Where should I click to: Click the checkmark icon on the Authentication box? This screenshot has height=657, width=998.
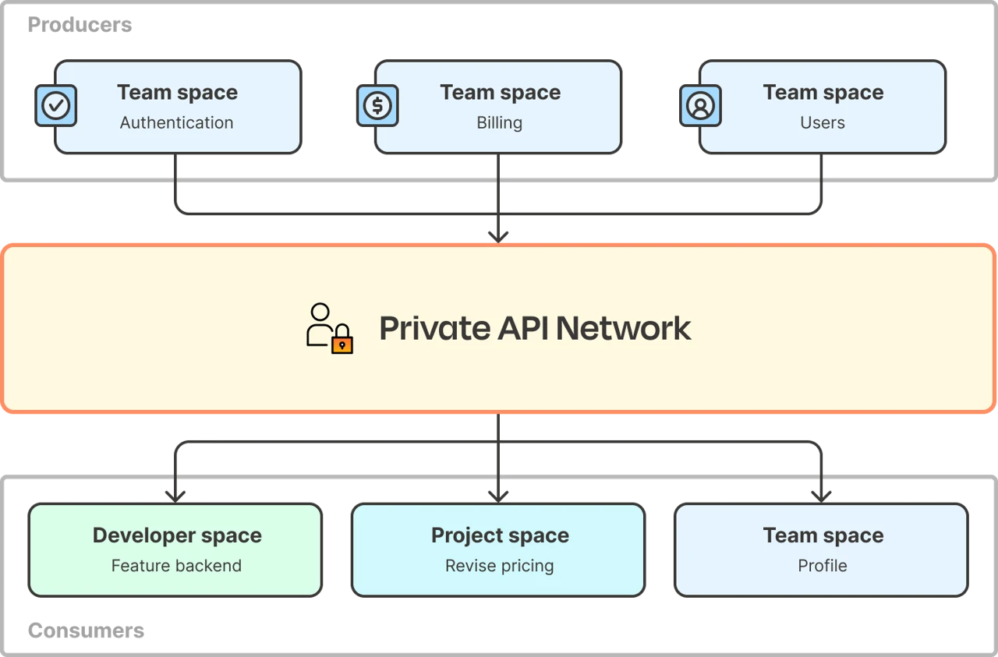click(x=56, y=106)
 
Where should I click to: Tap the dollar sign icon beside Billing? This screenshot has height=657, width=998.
click(x=377, y=105)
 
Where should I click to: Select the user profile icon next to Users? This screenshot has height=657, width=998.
click(x=700, y=106)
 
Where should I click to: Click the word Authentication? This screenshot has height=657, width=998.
click(x=176, y=123)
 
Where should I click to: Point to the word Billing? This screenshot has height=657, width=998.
click(x=499, y=123)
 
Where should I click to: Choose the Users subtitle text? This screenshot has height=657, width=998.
click(x=822, y=123)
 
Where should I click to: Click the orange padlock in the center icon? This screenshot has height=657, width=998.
click(x=342, y=342)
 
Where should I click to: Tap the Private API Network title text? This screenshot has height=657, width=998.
click(x=535, y=328)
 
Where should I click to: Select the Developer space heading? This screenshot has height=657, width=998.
click(x=177, y=535)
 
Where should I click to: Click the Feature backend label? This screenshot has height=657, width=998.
click(x=176, y=566)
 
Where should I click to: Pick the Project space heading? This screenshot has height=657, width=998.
click(x=500, y=535)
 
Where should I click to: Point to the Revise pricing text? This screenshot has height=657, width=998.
click(x=499, y=566)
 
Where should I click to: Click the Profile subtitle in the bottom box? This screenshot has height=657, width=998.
click(x=822, y=566)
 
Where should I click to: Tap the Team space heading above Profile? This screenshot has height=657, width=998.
click(x=823, y=535)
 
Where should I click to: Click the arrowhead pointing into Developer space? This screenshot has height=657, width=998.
click(x=175, y=493)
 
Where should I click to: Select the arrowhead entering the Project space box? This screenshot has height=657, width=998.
click(x=499, y=493)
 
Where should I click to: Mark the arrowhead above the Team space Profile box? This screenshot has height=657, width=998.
click(x=821, y=493)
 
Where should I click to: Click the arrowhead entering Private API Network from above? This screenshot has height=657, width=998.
click(x=499, y=235)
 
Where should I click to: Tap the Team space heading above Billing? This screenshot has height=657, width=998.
click(x=500, y=92)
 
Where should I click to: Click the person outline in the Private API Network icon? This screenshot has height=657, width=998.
click(x=320, y=324)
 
